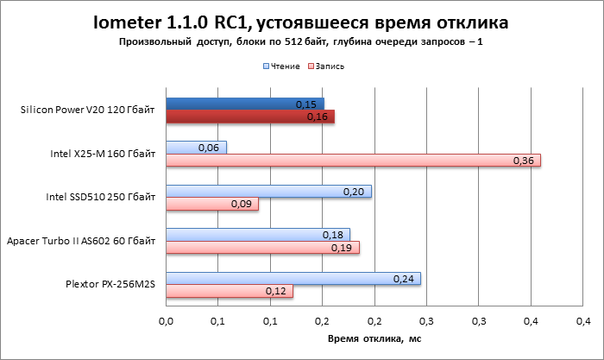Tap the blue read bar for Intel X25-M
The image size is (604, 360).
pos(196,148)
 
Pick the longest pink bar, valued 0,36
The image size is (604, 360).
pos(353,161)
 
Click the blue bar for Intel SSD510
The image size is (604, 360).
pos(268,191)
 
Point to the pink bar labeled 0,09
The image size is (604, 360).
pos(211,204)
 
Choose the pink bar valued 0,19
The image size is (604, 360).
pos(262,247)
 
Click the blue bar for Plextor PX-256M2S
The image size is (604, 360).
pos(293,278)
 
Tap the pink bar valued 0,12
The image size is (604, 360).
pos(230,291)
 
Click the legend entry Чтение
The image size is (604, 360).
pos(282,66)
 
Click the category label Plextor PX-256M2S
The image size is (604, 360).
pos(110,284)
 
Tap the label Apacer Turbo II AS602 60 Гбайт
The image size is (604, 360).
pos(81,241)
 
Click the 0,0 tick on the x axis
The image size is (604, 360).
pos(167,321)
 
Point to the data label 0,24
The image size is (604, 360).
pos(402,278)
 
